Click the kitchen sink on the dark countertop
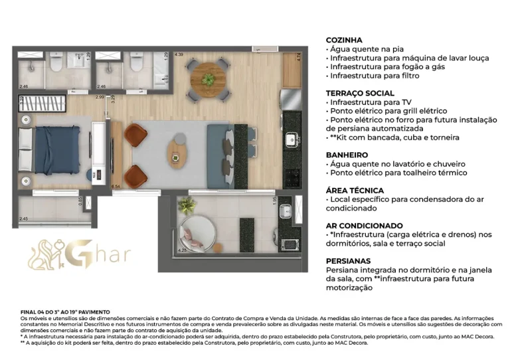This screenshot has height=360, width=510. click(292, 140)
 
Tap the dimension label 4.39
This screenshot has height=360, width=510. click(179, 54)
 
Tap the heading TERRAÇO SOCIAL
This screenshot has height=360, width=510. click(361, 94)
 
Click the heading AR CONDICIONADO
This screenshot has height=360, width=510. click(365, 226)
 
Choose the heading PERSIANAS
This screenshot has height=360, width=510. click(348, 261)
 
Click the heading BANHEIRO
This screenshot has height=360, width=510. click(347, 155)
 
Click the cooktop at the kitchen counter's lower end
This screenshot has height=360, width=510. click(292, 177)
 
